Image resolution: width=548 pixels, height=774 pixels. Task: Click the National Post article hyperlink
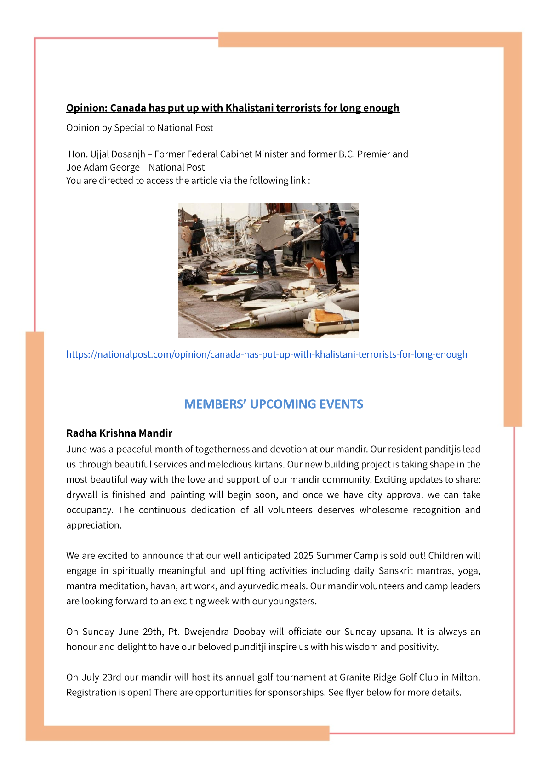coord(267,354)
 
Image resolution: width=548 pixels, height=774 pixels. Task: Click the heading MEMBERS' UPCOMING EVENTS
coord(274,404)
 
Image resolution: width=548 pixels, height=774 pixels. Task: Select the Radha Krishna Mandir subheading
coord(119,433)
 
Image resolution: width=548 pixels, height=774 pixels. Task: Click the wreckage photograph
coord(268,271)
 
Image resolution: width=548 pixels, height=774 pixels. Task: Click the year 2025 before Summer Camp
coord(303,555)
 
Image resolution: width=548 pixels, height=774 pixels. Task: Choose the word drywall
coord(81,495)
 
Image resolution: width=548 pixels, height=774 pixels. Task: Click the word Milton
coord(466,677)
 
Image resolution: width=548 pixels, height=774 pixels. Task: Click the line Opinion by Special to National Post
coord(140,128)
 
